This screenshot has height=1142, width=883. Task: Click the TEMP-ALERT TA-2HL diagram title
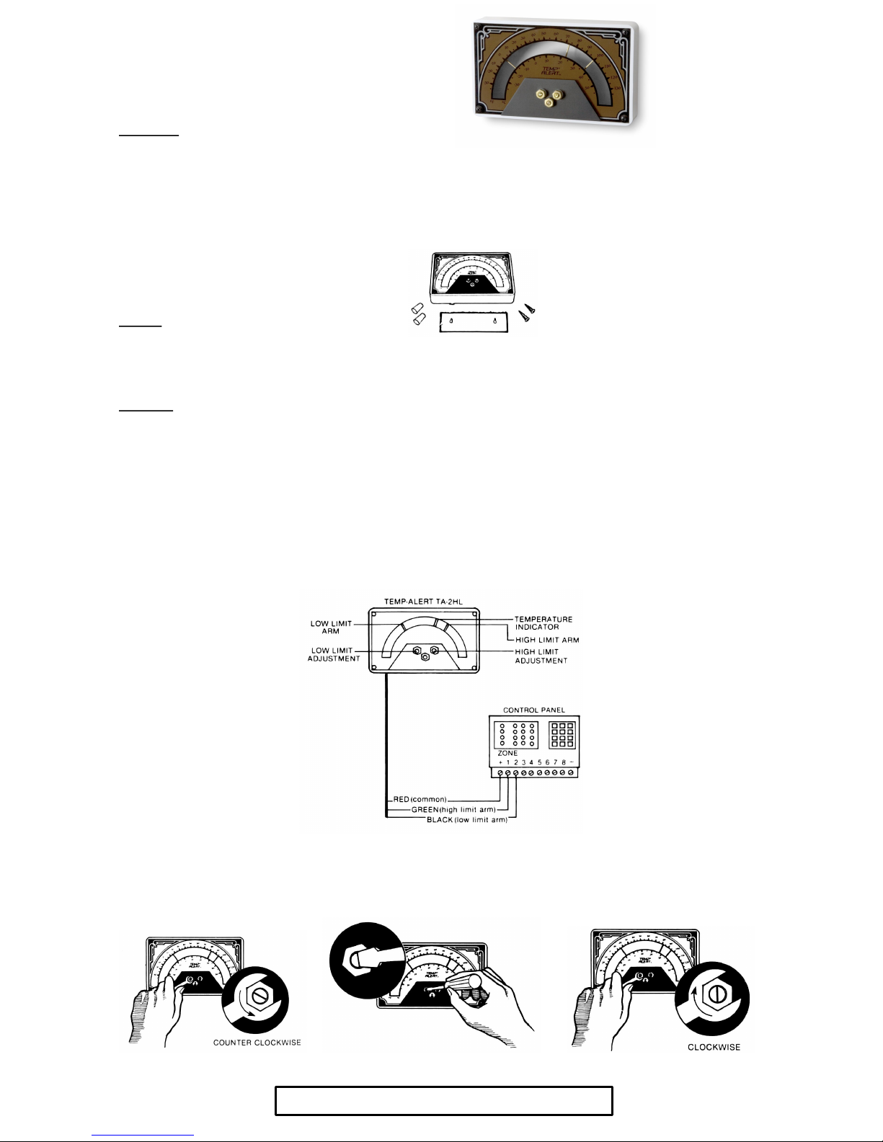[x=423, y=602]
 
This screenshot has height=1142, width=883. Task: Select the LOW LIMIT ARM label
[x=331, y=628]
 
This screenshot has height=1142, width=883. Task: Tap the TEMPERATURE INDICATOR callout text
[x=543, y=623]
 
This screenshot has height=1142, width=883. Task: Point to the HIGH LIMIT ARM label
[x=546, y=640]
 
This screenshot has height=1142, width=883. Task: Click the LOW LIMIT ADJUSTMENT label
[x=333, y=655]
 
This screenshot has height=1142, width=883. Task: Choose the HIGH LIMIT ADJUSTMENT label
[x=541, y=656]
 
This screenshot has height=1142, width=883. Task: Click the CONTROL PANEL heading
[x=533, y=710]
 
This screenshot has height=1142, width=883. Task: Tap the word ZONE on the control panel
[x=507, y=753]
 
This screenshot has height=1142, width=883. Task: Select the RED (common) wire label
[x=420, y=800]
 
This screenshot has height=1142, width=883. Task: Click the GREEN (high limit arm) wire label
[x=453, y=810]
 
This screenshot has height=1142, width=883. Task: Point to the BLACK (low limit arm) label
[x=467, y=820]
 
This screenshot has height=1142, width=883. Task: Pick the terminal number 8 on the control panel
[x=564, y=762]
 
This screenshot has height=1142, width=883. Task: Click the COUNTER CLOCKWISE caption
[x=257, y=1043]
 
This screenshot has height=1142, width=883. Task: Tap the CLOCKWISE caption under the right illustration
[x=714, y=1047]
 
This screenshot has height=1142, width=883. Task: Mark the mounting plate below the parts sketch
[x=474, y=321]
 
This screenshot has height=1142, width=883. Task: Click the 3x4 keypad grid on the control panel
[x=562, y=734]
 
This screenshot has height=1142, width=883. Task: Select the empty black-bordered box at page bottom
[x=443, y=1101]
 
